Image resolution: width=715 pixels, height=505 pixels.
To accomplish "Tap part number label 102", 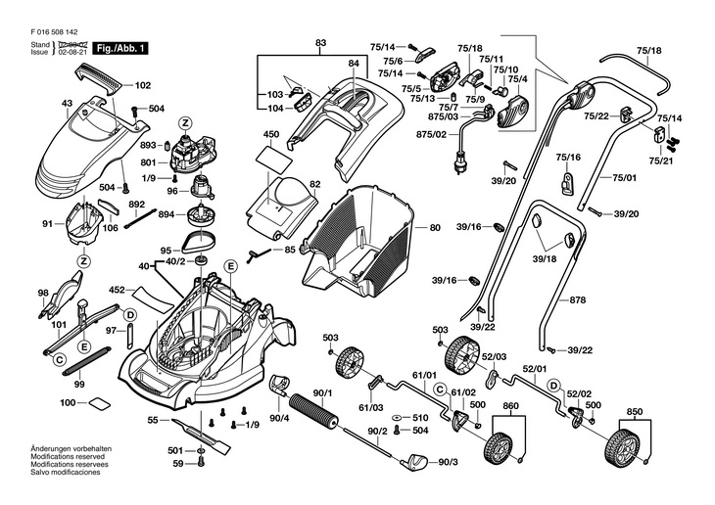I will coord(142,85).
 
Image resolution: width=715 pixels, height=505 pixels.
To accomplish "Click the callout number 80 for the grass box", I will coord(435,228).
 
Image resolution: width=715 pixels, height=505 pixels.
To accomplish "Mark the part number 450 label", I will coord(271,134).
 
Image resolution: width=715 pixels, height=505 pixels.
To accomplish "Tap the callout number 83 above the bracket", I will coord(320,43).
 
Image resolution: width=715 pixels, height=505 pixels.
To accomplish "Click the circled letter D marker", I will coord(129,314).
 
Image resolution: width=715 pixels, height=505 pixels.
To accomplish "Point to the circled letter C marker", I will coord(60,362).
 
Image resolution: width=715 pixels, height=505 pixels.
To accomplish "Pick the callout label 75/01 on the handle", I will coord(624,178).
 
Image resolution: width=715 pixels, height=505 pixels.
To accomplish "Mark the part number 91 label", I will coord(47,224).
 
